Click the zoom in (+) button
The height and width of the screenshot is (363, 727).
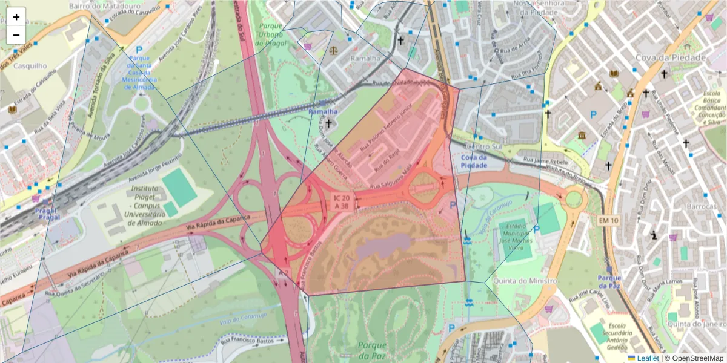tap(16, 17)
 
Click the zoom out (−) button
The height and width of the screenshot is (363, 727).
tap(16, 35)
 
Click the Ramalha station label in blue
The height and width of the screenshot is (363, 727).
tap(322, 112)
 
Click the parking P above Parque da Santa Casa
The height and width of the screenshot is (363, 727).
tap(139, 50)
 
